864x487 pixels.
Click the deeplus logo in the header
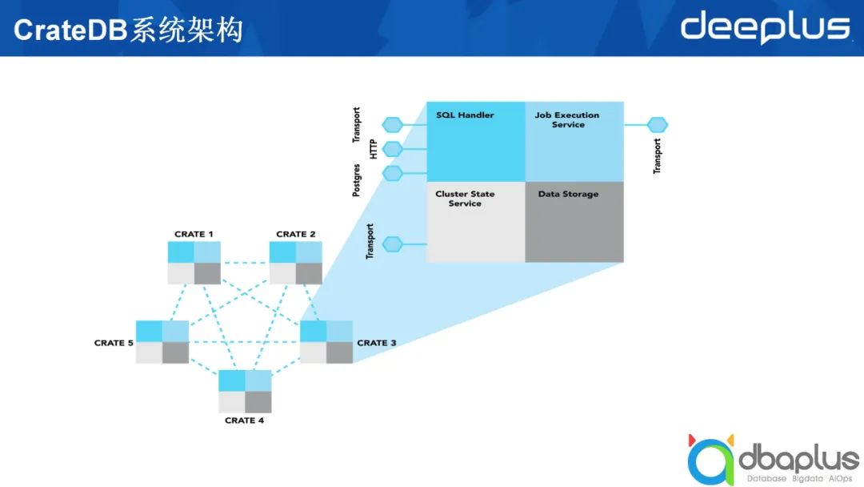(764, 27)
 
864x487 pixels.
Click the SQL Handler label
(465, 115)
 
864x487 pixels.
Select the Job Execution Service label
(567, 120)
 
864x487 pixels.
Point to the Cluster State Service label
(465, 199)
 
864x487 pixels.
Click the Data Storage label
(568, 194)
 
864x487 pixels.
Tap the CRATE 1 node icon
(194, 263)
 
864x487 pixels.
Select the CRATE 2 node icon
(295, 263)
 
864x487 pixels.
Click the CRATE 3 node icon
(326, 342)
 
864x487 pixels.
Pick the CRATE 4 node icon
(245, 392)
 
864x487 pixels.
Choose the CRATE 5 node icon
(162, 342)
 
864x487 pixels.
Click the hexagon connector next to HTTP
(392, 149)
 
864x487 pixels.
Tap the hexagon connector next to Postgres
(392, 173)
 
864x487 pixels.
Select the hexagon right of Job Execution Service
(657, 125)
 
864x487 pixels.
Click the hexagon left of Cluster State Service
(392, 243)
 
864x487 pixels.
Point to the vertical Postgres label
(357, 179)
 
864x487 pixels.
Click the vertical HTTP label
(373, 148)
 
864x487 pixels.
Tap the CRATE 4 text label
(245, 421)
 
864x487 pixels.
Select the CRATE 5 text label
(114, 343)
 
